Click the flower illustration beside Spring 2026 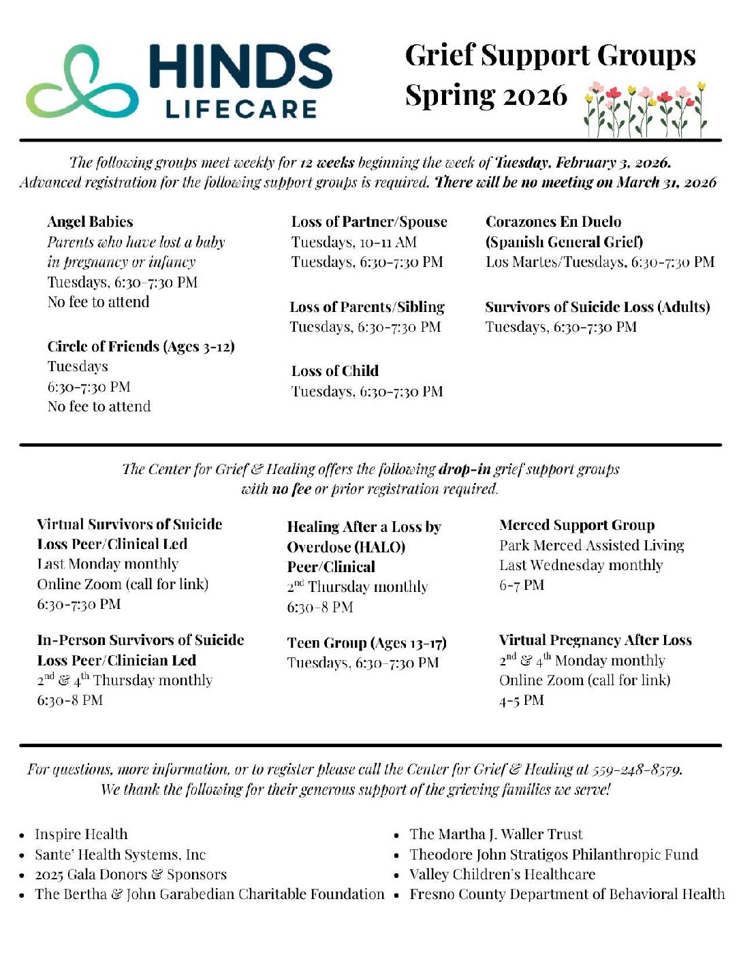click(645, 109)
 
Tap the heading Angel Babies click(90, 222)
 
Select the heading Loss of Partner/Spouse click(369, 222)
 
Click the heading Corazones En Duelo click(553, 222)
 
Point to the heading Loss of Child click(334, 371)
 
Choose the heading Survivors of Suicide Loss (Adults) click(597, 307)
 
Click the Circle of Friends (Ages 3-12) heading click(141, 347)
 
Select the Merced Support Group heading click(577, 525)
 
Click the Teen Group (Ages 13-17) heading click(366, 643)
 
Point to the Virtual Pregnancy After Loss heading click(595, 640)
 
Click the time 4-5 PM click(522, 700)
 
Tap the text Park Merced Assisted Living click(591, 546)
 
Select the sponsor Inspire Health click(81, 834)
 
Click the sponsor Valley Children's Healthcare click(502, 875)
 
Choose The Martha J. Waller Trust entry click(496, 834)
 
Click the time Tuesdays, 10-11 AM click(353, 242)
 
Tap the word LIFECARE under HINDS click(242, 109)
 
